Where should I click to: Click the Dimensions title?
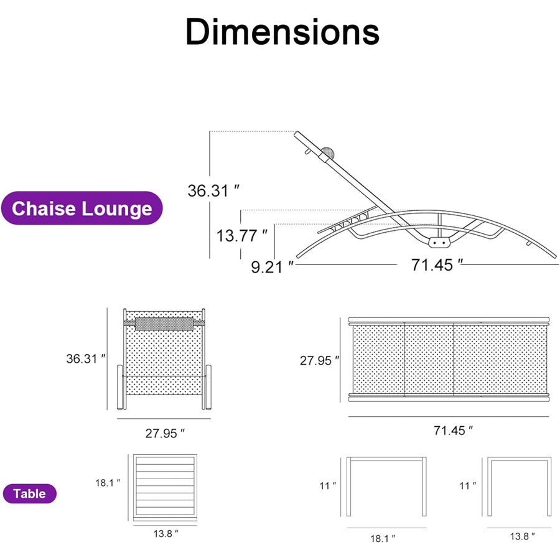(282, 32)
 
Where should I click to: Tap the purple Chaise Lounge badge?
(82, 208)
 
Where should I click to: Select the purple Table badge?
(30, 493)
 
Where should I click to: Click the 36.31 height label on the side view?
(213, 190)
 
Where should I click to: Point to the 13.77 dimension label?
(242, 235)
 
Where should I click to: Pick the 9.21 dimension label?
(272, 267)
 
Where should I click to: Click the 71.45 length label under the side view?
(437, 265)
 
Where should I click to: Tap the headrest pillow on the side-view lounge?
(328, 153)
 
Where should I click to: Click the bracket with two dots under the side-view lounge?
(439, 243)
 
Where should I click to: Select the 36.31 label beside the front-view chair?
(86, 358)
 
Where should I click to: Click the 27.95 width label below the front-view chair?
(165, 433)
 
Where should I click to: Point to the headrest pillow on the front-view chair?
(164, 324)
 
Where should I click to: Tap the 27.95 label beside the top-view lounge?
(319, 360)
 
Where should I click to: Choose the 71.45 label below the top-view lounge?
(453, 431)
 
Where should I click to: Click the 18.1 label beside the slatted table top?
(108, 483)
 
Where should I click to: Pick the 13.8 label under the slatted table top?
(166, 534)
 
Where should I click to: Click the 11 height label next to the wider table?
(327, 486)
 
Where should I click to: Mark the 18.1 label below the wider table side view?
(383, 538)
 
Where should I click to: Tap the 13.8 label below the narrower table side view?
(522, 536)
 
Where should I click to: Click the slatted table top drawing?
(165, 487)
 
